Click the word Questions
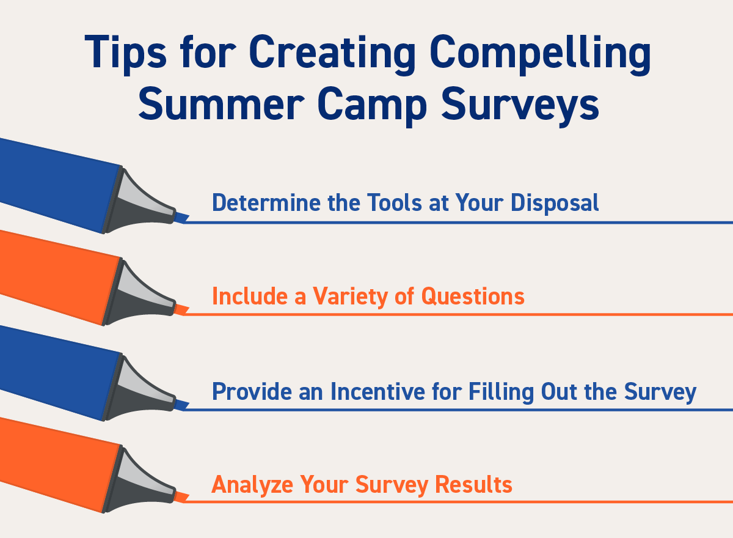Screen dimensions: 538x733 [473, 297]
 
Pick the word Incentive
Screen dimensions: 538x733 [377, 391]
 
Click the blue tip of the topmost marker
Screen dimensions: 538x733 [181, 217]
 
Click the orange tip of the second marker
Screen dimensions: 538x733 [181, 310]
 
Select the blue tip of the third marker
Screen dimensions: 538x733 [181, 405]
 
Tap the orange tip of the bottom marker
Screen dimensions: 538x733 [181, 497]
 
